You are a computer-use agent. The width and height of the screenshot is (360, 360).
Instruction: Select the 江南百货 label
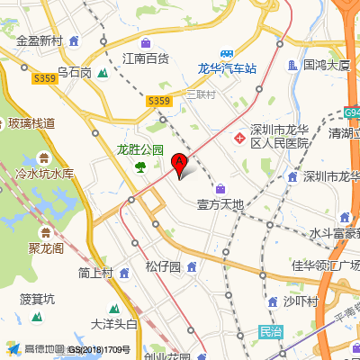(146, 58)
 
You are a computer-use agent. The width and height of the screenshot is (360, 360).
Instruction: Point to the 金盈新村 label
(40, 41)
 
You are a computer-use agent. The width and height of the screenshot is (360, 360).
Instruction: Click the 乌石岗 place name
(74, 72)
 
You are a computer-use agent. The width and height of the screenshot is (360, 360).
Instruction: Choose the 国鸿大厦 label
(326, 65)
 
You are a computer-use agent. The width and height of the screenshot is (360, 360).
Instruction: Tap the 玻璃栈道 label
(31, 122)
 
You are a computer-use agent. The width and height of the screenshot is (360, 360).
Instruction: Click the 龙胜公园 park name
(140, 150)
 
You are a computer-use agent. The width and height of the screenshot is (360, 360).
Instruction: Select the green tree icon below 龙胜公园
(140, 166)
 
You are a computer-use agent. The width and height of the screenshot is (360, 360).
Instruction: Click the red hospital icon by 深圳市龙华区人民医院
(240, 138)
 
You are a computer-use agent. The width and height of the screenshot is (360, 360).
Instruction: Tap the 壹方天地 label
(220, 204)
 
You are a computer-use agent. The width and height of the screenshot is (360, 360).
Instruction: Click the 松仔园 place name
(163, 267)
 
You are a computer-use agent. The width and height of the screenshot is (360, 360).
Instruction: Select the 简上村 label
(94, 273)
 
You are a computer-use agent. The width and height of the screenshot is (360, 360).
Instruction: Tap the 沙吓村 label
(301, 301)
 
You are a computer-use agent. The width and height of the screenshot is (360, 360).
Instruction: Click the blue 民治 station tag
(270, 331)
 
